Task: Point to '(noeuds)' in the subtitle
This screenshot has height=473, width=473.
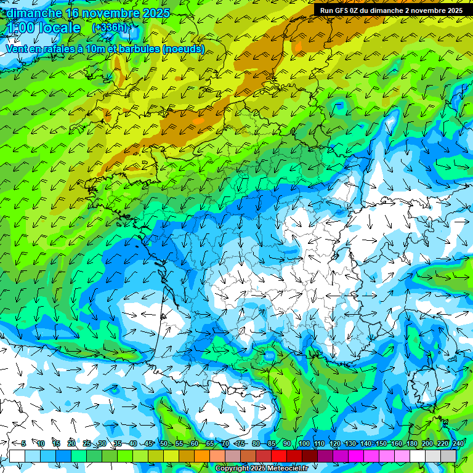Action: click(184, 49)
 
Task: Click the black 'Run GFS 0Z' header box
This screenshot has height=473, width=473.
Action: click(392, 10)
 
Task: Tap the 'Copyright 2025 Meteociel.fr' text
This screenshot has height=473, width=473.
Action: click(262, 469)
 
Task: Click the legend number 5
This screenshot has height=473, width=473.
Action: click(23, 443)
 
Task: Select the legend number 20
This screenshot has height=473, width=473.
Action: click(71, 443)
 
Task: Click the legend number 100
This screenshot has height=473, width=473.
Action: click(304, 443)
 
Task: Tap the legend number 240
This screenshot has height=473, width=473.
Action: click(458, 443)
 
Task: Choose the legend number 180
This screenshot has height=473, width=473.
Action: click(411, 443)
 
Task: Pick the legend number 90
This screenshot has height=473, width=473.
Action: click(287, 443)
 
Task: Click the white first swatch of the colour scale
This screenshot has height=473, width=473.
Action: click(17, 456)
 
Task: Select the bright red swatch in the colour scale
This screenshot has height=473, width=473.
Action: click(279, 456)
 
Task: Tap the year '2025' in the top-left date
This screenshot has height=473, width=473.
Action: click(156, 12)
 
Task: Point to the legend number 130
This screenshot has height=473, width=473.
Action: click(350, 443)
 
